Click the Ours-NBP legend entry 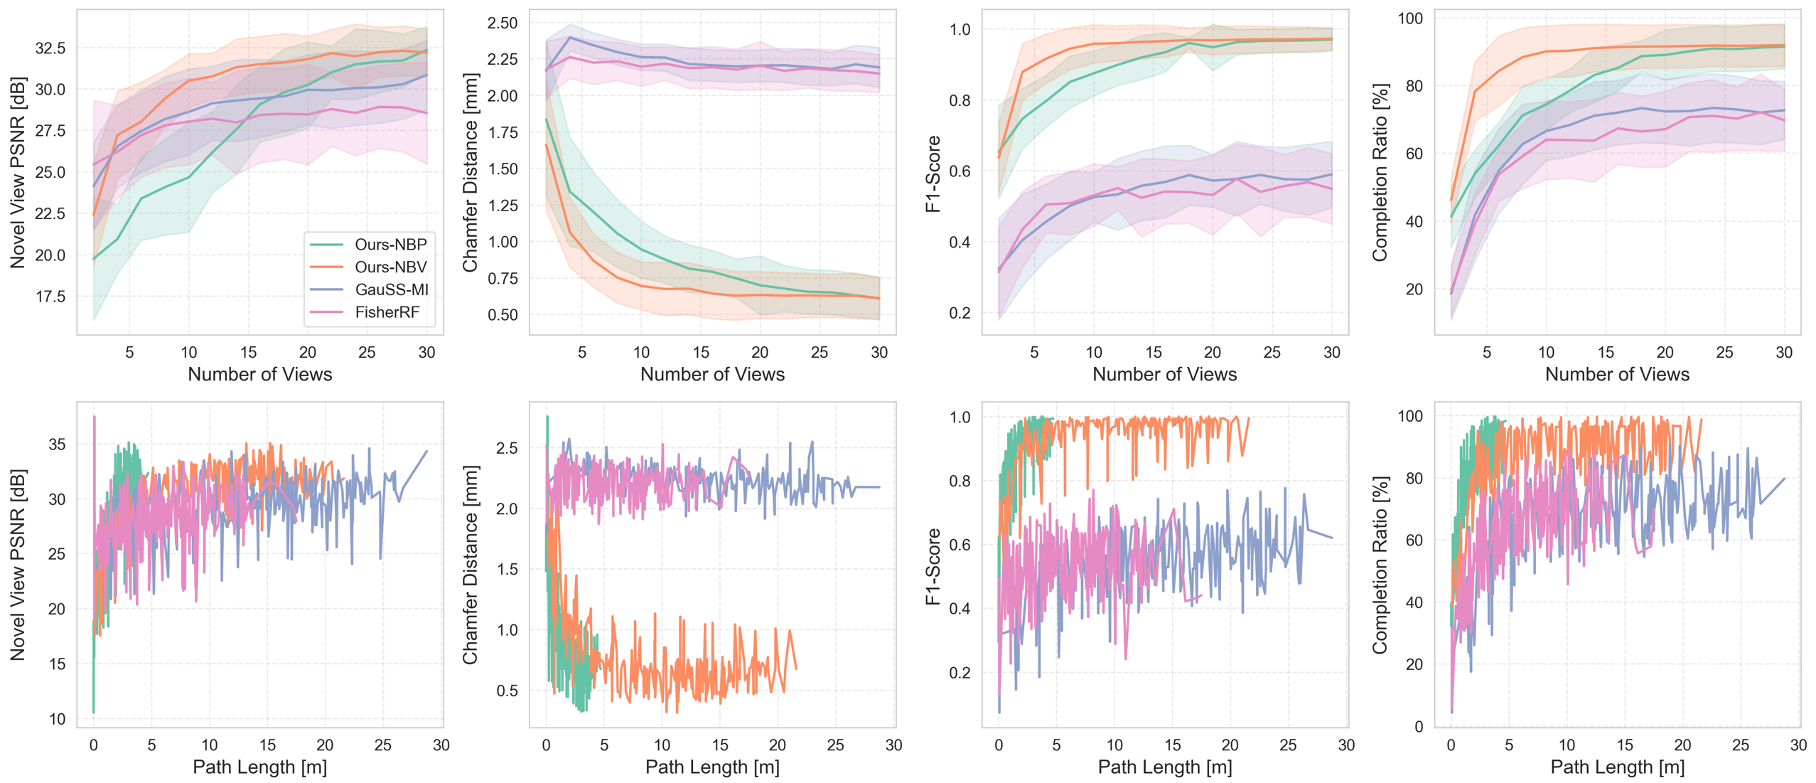point(390,245)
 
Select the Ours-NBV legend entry point(390,267)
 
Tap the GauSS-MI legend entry point(392,289)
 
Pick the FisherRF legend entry point(387,312)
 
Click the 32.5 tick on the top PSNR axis point(50,48)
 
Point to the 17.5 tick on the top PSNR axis point(50,297)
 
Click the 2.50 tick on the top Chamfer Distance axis point(502,23)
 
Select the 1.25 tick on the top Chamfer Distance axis point(502,206)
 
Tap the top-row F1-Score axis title point(933,174)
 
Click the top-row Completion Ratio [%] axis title point(1380,172)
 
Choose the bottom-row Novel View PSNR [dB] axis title point(18,565)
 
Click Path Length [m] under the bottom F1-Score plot point(1164,767)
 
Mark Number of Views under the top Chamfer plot point(712,375)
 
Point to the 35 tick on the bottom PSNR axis point(57,444)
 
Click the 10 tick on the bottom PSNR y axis point(57,719)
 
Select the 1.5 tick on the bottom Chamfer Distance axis point(507,570)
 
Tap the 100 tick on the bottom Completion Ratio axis point(1410,416)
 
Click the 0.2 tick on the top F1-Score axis point(960,313)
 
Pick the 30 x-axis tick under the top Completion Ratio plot point(1784,353)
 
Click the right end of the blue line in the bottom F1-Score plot point(1331,538)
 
